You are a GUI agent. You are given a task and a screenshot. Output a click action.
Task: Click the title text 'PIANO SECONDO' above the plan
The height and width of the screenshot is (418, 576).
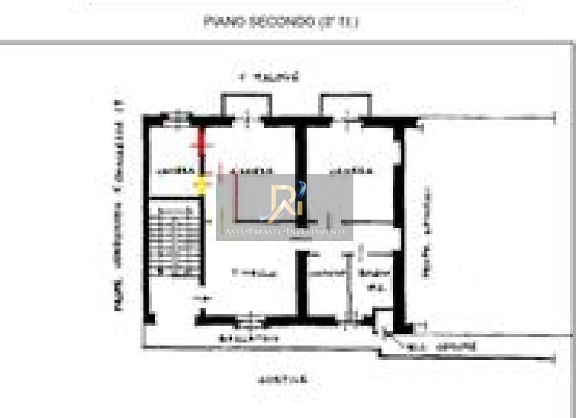[282, 22]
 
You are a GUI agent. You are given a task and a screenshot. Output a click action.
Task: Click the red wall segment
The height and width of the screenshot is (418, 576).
[201, 141]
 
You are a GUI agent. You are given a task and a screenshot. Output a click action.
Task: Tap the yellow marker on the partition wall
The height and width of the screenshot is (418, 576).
[202, 183]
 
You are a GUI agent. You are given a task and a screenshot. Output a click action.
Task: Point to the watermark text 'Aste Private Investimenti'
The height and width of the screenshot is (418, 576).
[285, 230]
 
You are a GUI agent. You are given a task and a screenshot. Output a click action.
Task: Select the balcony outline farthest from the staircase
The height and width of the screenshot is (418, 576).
[346, 104]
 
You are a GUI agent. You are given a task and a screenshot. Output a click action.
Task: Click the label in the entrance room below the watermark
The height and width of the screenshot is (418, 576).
[253, 272]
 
